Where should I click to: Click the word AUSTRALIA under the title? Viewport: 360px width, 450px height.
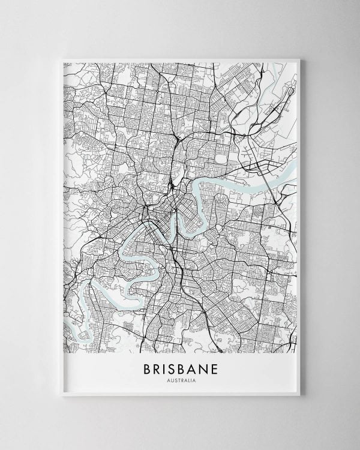[181, 379]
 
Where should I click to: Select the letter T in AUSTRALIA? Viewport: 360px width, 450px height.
[178, 379]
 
